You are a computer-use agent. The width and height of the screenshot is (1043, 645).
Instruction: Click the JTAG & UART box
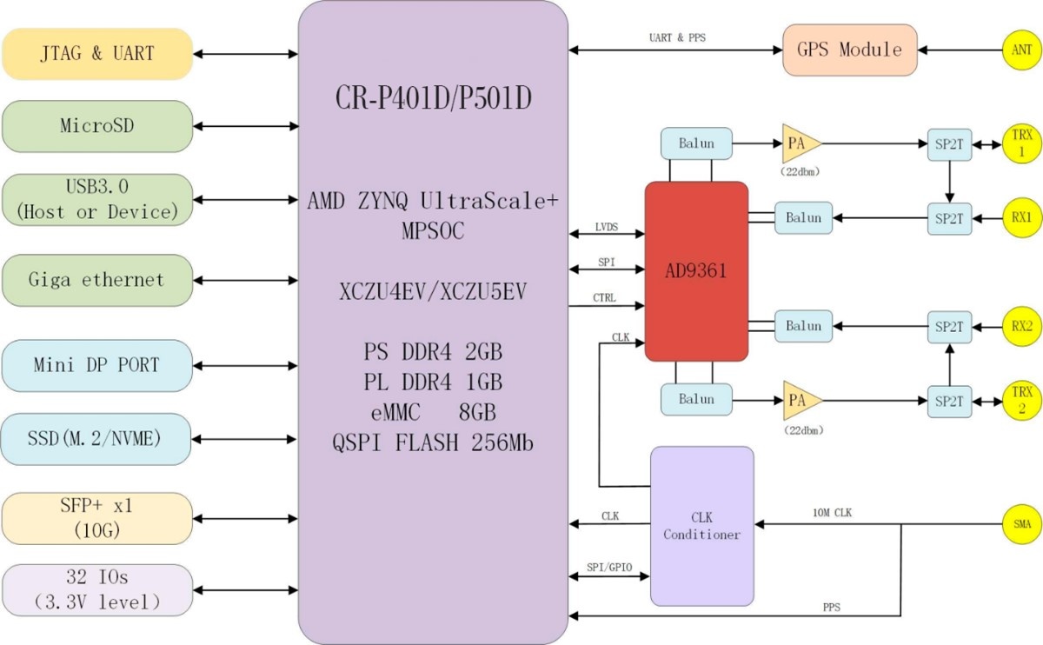click(96, 54)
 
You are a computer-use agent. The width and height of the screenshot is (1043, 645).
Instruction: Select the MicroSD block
click(96, 126)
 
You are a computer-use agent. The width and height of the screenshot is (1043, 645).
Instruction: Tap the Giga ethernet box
click(96, 280)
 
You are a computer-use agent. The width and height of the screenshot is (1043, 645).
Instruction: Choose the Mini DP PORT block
click(96, 365)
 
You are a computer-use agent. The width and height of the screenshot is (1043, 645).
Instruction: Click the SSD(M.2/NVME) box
click(96, 439)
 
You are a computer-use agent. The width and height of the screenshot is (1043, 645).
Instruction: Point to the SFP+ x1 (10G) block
click(96, 518)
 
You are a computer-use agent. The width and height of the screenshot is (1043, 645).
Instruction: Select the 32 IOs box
click(96, 589)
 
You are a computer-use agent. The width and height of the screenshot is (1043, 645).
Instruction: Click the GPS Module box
click(849, 50)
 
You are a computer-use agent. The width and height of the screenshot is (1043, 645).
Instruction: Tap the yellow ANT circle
click(1022, 50)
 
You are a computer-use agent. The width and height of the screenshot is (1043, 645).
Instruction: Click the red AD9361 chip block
click(696, 271)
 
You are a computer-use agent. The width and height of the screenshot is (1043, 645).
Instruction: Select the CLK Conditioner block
click(701, 526)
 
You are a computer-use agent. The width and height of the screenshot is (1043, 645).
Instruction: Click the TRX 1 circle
click(1022, 143)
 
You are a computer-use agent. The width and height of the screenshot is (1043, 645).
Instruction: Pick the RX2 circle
click(1022, 326)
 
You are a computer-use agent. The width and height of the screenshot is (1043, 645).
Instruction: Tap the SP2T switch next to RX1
click(949, 217)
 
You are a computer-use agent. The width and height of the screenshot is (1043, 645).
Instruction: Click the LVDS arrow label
click(606, 226)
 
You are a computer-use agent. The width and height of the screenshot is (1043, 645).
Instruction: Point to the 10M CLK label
click(832, 513)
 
